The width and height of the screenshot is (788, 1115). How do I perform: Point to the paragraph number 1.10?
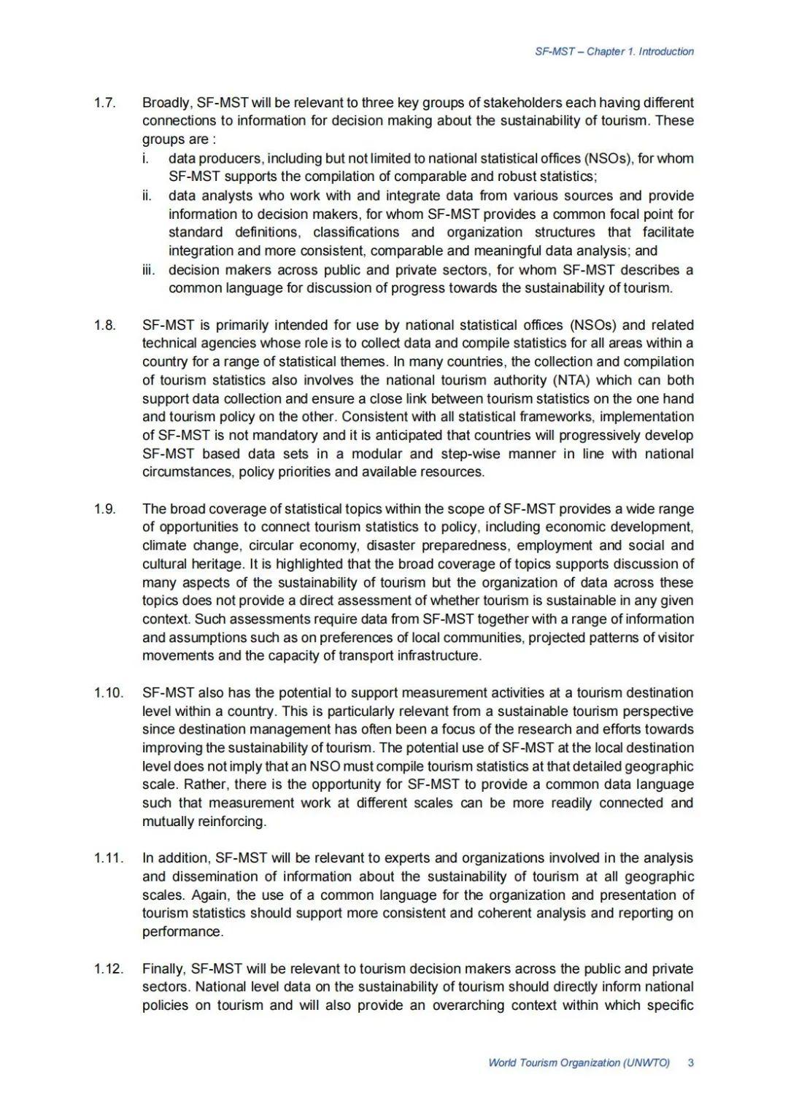coord(108,692)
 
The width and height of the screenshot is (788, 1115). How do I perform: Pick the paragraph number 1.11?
coord(108,858)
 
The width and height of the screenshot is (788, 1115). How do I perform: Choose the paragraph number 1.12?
coord(108,969)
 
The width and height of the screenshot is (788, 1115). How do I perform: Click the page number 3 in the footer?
coord(690,1062)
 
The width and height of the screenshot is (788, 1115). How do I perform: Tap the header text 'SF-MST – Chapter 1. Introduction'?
coord(614,52)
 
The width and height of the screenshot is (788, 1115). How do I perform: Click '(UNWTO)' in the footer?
coord(646,1062)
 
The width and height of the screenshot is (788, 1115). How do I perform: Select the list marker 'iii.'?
coord(150,270)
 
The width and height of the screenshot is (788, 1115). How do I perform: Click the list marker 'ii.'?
coord(147,196)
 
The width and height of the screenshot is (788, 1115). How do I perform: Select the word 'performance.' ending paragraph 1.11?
coord(182,932)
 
